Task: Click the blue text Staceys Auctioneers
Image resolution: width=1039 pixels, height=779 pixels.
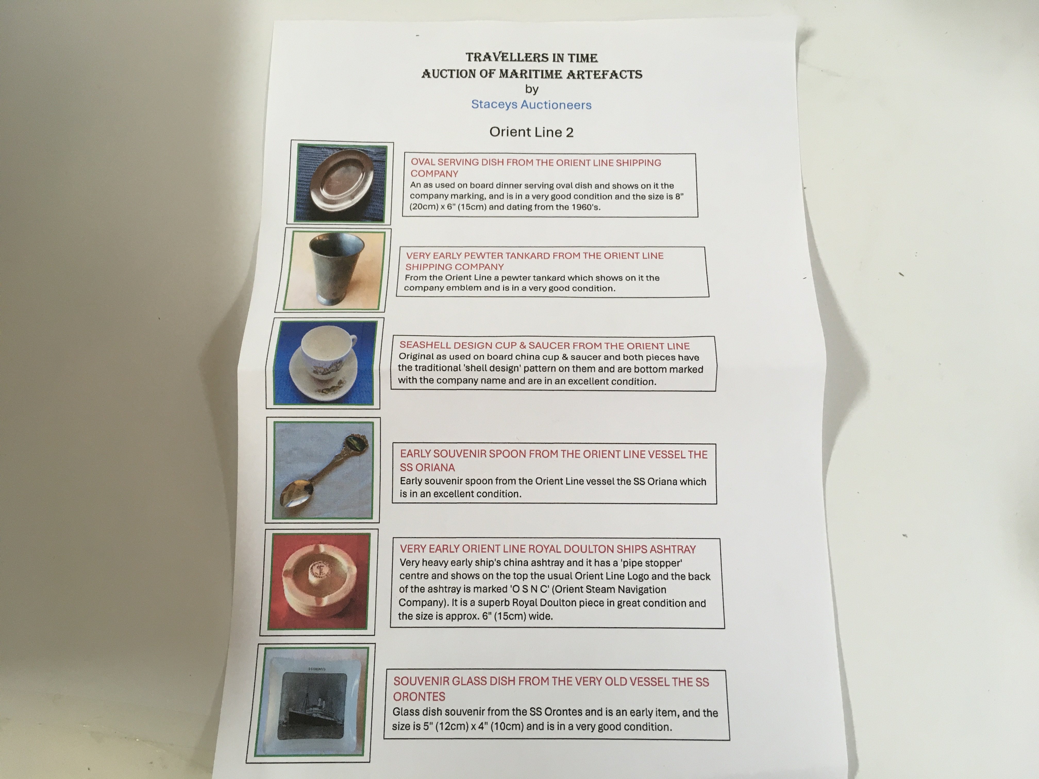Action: (531, 104)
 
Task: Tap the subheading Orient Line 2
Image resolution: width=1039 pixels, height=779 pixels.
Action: (531, 132)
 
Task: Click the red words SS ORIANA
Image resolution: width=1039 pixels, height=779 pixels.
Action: (428, 467)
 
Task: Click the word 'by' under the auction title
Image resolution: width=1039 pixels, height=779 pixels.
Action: (532, 89)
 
